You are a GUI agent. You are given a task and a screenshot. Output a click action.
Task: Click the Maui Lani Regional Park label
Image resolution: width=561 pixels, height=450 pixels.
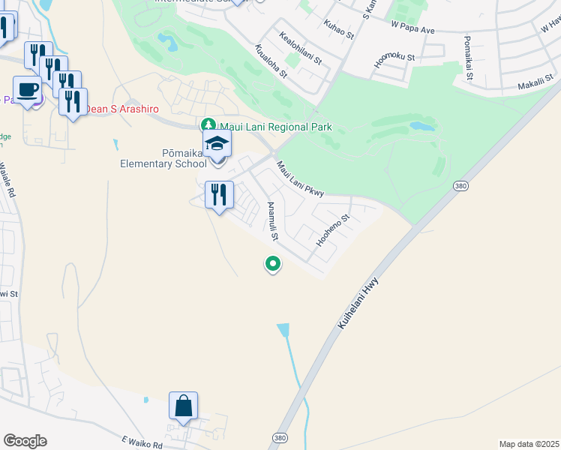tap(274, 127)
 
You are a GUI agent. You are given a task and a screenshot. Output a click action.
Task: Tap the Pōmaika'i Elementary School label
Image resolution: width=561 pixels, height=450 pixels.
tap(163, 158)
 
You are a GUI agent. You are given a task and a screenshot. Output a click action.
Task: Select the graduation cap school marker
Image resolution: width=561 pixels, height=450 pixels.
tap(217, 143)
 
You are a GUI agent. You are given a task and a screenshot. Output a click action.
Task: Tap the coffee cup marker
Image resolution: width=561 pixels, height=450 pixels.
tap(28, 90)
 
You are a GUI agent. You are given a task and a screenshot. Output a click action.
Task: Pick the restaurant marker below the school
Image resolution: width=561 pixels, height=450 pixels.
tap(219, 195)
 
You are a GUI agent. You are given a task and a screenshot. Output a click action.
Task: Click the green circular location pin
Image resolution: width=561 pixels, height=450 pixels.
tap(273, 264)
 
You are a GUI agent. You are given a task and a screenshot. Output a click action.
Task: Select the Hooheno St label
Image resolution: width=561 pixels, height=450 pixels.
tap(334, 231)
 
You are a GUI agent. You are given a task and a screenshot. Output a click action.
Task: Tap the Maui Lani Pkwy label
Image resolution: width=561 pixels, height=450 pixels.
tap(299, 179)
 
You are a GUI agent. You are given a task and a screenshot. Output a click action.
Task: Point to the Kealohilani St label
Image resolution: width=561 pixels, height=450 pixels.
tap(299, 47)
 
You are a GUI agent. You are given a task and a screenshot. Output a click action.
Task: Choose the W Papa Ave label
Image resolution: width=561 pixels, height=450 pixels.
tap(412, 28)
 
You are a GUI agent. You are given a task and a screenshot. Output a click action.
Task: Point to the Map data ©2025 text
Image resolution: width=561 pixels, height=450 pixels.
tap(529, 444)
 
